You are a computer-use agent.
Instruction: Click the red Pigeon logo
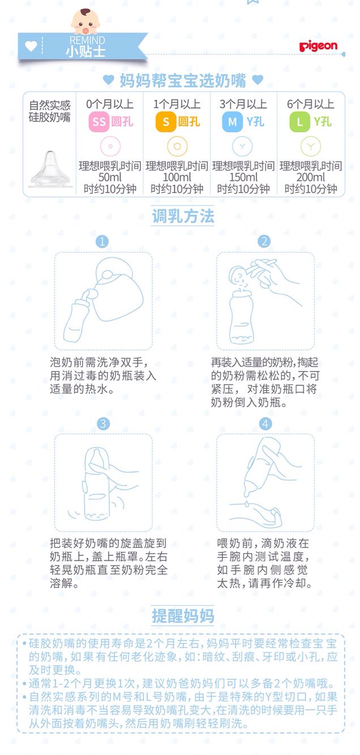tap(318, 46)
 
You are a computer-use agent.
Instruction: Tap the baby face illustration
tap(85, 22)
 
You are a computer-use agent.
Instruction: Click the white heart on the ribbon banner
tap(31, 46)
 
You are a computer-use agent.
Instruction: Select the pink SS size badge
tap(98, 122)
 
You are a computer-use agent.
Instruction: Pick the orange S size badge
tap(165, 122)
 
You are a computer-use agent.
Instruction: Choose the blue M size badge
tap(232, 122)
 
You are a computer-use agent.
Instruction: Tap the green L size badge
tap(299, 122)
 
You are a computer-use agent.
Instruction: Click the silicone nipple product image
tap(50, 169)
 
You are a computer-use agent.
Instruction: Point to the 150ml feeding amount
tap(243, 177)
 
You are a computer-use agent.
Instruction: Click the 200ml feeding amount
tap(310, 177)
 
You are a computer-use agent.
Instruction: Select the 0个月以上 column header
tap(110, 104)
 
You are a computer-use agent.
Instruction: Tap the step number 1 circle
tap(102, 241)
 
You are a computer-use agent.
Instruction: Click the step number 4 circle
tap(265, 424)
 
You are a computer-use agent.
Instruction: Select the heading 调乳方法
tap(183, 216)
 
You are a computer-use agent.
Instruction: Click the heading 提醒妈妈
tap(183, 616)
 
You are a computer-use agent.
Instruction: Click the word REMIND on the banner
tap(87, 40)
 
